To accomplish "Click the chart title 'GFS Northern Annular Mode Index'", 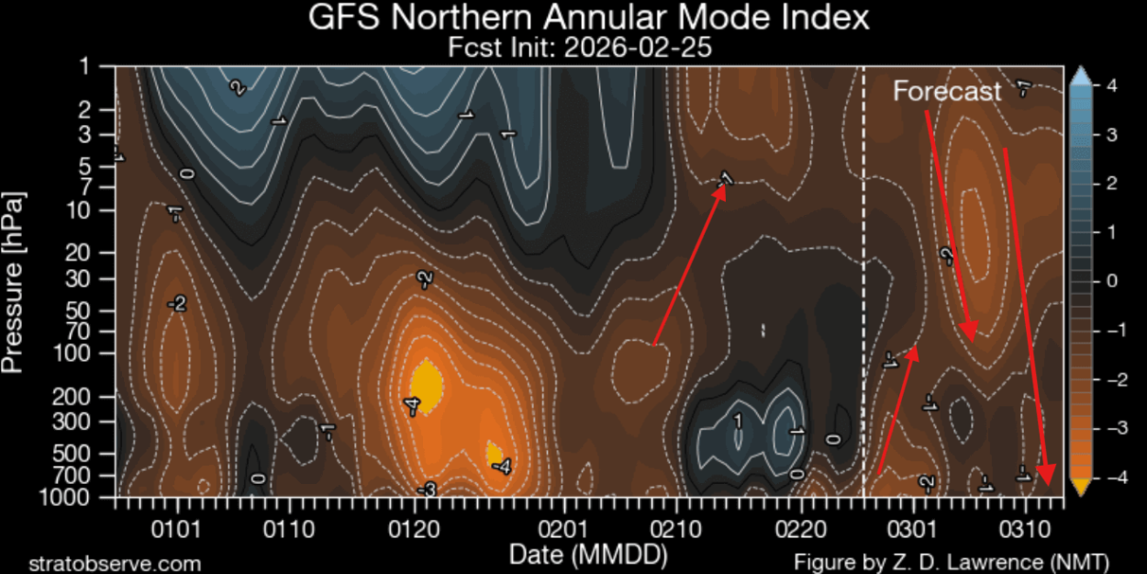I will [588, 18].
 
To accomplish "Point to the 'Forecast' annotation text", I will [948, 92].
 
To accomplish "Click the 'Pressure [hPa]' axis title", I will [14, 282].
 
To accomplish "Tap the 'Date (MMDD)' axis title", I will [588, 555].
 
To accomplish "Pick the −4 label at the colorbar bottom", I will [1108, 478].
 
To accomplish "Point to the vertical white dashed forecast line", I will [863, 276].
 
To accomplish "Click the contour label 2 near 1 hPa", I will [238, 88].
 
